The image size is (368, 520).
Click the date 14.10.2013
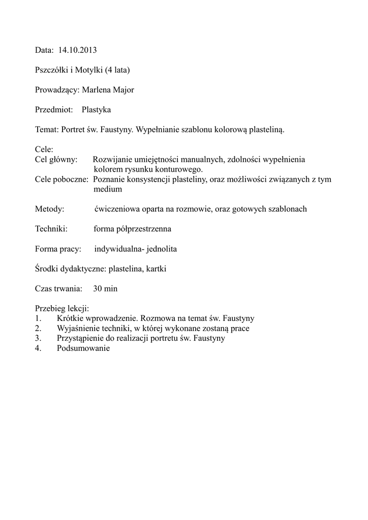77,50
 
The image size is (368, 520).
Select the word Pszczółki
51,70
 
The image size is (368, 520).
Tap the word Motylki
90,70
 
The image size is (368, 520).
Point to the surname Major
123,90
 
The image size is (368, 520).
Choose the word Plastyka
96,110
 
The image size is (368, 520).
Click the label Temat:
47,129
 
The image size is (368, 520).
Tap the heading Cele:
44,150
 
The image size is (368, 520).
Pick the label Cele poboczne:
62,179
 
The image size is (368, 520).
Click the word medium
108,189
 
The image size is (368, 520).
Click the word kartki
156,269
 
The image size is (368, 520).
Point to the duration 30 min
105,289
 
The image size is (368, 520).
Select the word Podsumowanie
83,348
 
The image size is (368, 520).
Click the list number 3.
38,338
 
